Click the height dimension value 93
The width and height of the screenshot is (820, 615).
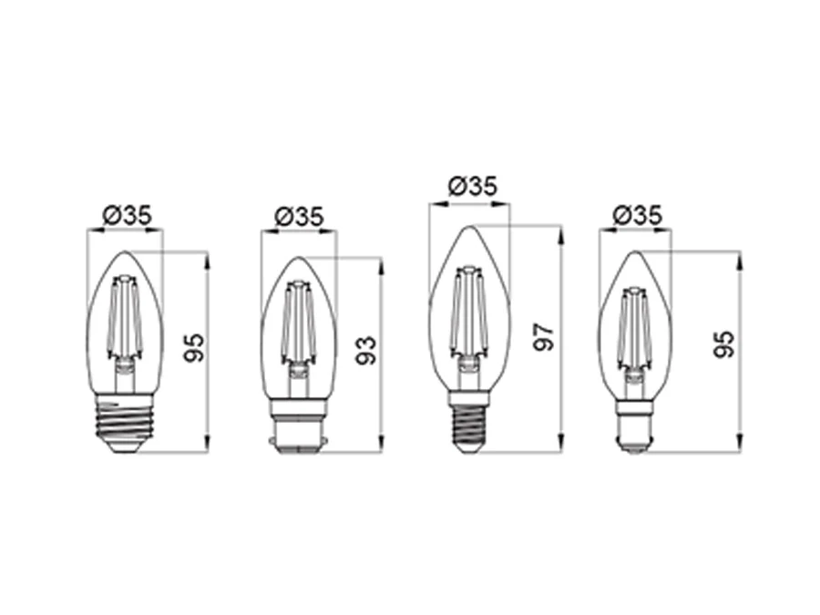click(366, 351)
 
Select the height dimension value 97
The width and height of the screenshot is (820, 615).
click(545, 337)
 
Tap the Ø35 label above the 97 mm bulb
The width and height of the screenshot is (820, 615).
click(473, 186)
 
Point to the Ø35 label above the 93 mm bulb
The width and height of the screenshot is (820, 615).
click(299, 217)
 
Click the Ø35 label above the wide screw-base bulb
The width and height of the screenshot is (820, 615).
click(127, 215)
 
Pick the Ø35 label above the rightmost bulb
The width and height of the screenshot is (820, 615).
click(637, 215)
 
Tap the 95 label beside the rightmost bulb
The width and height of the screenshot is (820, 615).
click(724, 344)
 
